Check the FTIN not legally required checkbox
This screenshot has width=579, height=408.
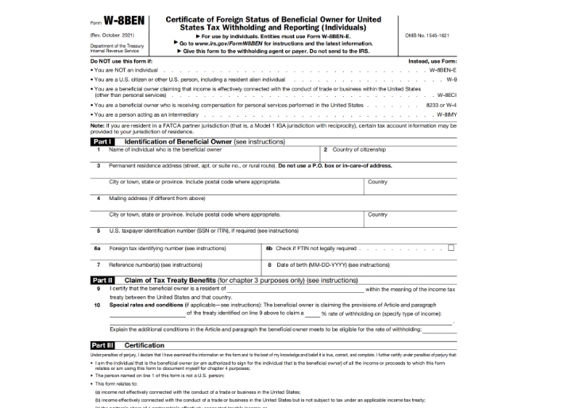451,248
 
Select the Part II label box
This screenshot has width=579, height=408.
102,280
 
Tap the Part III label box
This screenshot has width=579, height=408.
102,345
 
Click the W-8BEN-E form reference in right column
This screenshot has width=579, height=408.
442,70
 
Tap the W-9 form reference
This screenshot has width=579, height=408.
451,79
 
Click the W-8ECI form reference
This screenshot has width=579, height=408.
446,94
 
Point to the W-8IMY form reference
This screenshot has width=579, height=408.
445,114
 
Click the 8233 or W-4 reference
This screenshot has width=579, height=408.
440,105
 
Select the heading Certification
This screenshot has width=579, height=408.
145,345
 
